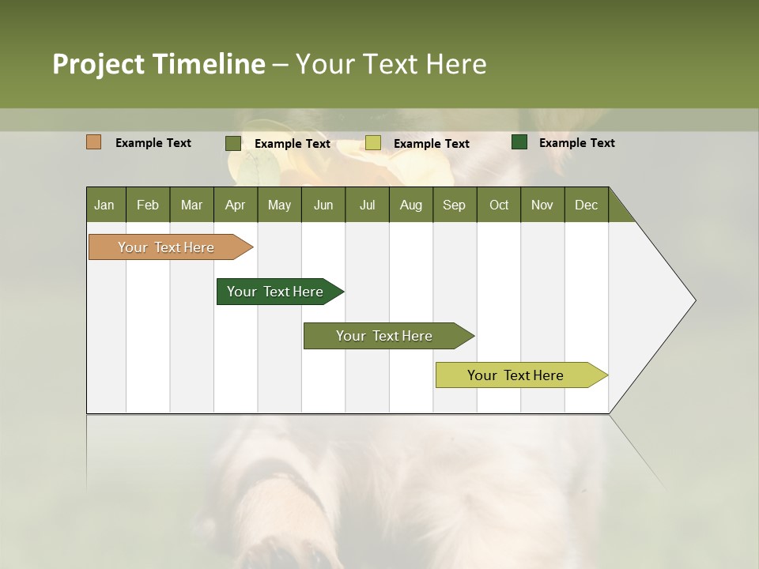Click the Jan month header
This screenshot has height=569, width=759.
click(105, 205)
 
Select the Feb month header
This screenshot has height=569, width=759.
click(148, 205)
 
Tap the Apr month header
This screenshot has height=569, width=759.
click(236, 205)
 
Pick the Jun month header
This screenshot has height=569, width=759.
click(323, 205)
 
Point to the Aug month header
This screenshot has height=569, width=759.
click(411, 205)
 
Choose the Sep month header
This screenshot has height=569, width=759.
click(455, 205)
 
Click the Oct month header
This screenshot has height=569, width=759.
click(499, 205)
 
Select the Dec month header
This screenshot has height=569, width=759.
click(587, 205)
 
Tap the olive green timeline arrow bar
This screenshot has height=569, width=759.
click(385, 336)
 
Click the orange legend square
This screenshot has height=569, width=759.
click(94, 142)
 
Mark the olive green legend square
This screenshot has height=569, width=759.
click(233, 143)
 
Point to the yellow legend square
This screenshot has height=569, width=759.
click(373, 143)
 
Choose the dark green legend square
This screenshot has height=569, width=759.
click(519, 142)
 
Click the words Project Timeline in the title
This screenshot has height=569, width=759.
click(159, 64)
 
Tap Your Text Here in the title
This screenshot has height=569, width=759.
click(391, 64)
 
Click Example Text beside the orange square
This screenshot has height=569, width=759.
click(153, 143)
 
